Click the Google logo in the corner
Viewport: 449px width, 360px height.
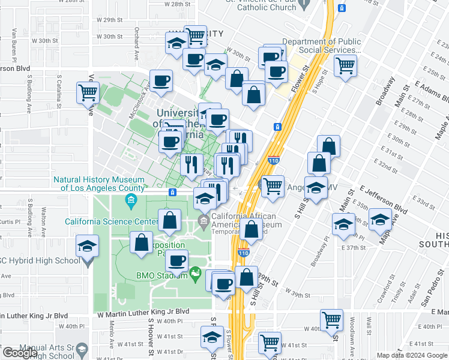coord(20,353)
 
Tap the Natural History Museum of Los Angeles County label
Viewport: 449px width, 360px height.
coord(99,184)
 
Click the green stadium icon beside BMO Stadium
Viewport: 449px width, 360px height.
coord(194,275)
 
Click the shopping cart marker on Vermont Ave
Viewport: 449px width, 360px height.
coord(88,93)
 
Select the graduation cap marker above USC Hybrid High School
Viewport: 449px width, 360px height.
coord(87,247)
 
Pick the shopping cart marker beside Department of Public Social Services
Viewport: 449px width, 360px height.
coord(345,65)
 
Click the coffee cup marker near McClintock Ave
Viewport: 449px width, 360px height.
coord(161,81)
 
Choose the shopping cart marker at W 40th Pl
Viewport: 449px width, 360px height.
coord(331,319)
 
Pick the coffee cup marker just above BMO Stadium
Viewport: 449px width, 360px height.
coord(177,261)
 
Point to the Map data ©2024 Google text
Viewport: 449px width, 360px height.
coord(412,355)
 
